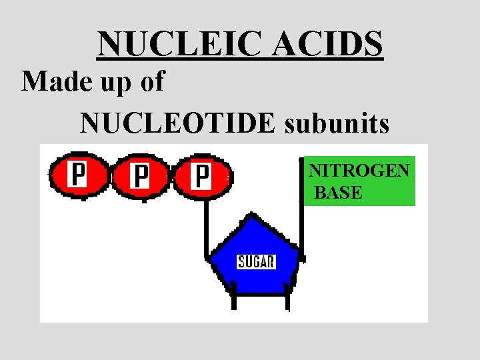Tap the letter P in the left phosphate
pos(78,176)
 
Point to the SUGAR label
pos(256,261)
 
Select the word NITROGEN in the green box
pos(359,171)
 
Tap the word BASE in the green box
pos(338,193)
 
